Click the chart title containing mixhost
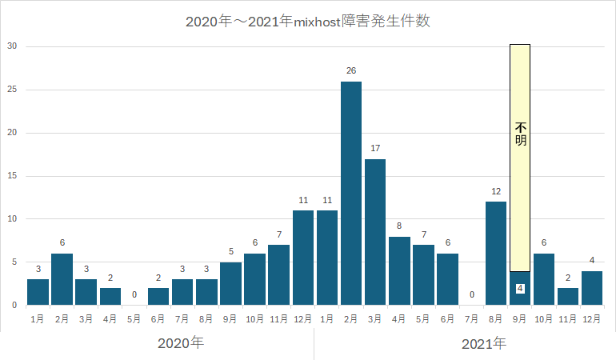(308, 22)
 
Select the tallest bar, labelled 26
(351, 193)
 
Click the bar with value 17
(375, 232)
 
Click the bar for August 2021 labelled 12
(496, 253)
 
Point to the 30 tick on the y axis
(11, 46)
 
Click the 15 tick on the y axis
(11, 176)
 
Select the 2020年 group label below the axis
(181, 343)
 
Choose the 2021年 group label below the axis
(484, 343)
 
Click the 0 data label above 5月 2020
(134, 295)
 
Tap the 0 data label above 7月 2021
(472, 295)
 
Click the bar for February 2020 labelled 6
(62, 278)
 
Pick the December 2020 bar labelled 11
(303, 258)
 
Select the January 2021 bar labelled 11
(327, 258)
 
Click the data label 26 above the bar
(351, 71)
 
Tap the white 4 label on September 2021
(520, 288)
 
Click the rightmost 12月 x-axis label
(592, 318)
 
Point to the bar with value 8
(399, 270)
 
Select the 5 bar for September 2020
(230, 283)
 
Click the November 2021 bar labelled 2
(568, 296)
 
